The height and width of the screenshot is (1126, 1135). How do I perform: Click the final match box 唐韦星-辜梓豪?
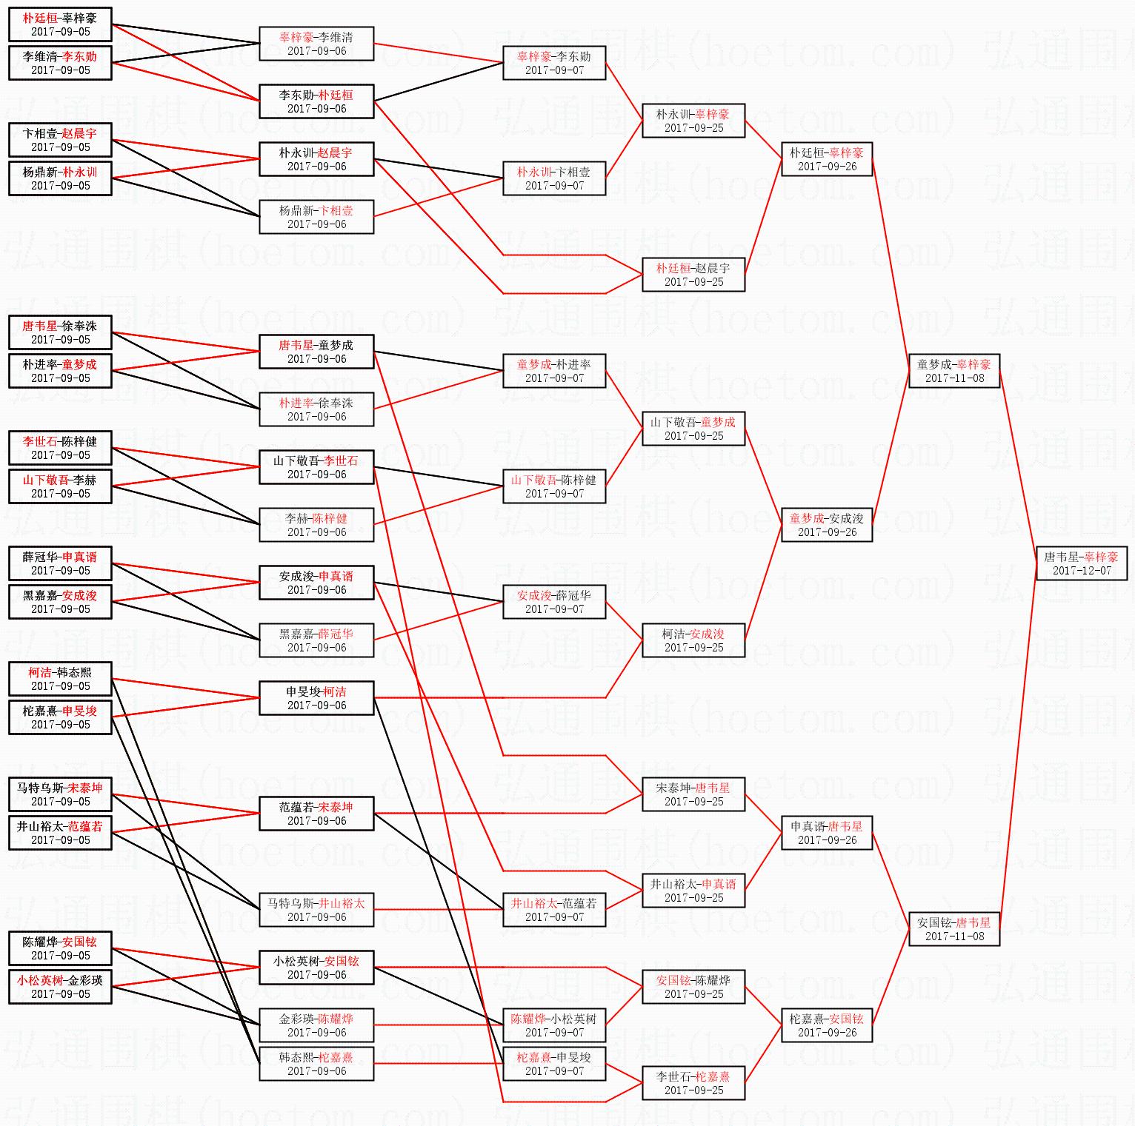tap(1081, 563)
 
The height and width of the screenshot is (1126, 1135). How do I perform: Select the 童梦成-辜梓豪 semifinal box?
tap(954, 371)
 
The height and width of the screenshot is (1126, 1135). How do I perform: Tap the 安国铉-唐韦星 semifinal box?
tap(954, 929)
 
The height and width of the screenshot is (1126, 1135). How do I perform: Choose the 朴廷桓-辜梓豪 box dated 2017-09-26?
tap(827, 159)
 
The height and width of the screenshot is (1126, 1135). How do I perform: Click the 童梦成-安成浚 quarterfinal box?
tap(827, 525)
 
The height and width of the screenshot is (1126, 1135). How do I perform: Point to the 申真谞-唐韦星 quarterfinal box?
tap(827, 833)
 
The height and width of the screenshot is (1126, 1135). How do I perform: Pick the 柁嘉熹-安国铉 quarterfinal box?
tap(827, 1025)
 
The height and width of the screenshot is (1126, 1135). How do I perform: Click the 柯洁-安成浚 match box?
tap(693, 640)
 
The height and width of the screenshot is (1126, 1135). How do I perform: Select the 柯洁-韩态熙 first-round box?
tap(60, 679)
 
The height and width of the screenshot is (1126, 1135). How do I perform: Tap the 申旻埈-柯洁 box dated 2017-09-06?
tap(316, 698)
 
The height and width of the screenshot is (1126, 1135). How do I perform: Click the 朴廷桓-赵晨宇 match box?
tap(693, 275)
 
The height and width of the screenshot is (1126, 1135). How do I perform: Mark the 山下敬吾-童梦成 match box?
tap(693, 429)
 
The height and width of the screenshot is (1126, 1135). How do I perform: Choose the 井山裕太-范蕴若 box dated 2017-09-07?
tap(554, 910)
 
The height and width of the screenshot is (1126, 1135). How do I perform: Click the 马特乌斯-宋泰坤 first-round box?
tap(60, 794)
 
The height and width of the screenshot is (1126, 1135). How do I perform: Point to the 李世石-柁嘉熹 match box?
tap(693, 1083)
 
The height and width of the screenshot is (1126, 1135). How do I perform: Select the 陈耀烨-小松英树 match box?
tap(554, 1025)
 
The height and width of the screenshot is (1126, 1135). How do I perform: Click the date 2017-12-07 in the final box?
tap(1082, 571)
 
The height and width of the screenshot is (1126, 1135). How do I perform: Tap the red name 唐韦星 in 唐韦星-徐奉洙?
tap(39, 326)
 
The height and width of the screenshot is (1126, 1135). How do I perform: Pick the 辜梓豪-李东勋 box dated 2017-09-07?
tap(554, 63)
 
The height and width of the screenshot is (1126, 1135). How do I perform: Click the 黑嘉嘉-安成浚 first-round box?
tap(60, 602)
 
